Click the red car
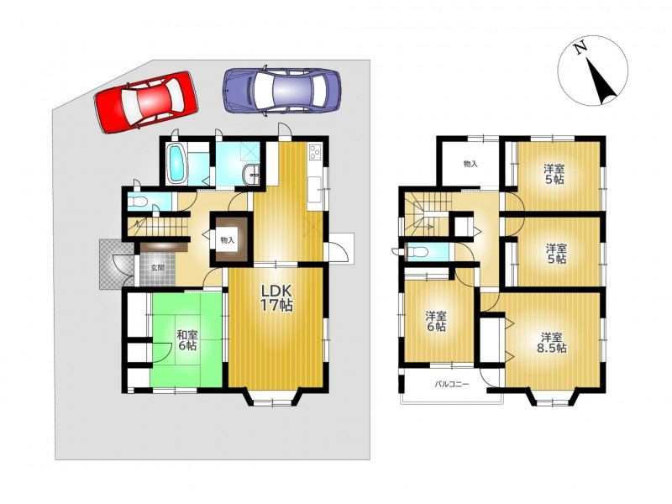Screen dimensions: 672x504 point(145,102)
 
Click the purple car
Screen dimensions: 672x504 point(282,91)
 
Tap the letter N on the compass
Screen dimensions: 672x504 point(581,47)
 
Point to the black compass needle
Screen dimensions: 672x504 point(601,81)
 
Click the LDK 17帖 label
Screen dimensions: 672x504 point(277,298)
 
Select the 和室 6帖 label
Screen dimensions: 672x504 point(187,340)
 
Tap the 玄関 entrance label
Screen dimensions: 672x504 point(157,268)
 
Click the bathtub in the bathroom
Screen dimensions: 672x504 point(176,163)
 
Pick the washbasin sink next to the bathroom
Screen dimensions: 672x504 point(250,176)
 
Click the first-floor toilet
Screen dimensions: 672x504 point(138,201)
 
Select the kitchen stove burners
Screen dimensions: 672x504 point(315,152)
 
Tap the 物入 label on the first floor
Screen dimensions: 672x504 point(228,240)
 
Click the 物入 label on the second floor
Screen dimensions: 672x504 point(470,164)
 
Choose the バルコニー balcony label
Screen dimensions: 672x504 point(452,385)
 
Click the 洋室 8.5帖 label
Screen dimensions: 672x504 point(552,343)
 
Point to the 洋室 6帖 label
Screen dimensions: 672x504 point(436,322)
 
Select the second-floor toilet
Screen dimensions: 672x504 point(416,253)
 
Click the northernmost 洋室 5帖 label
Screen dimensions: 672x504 point(554,174)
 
